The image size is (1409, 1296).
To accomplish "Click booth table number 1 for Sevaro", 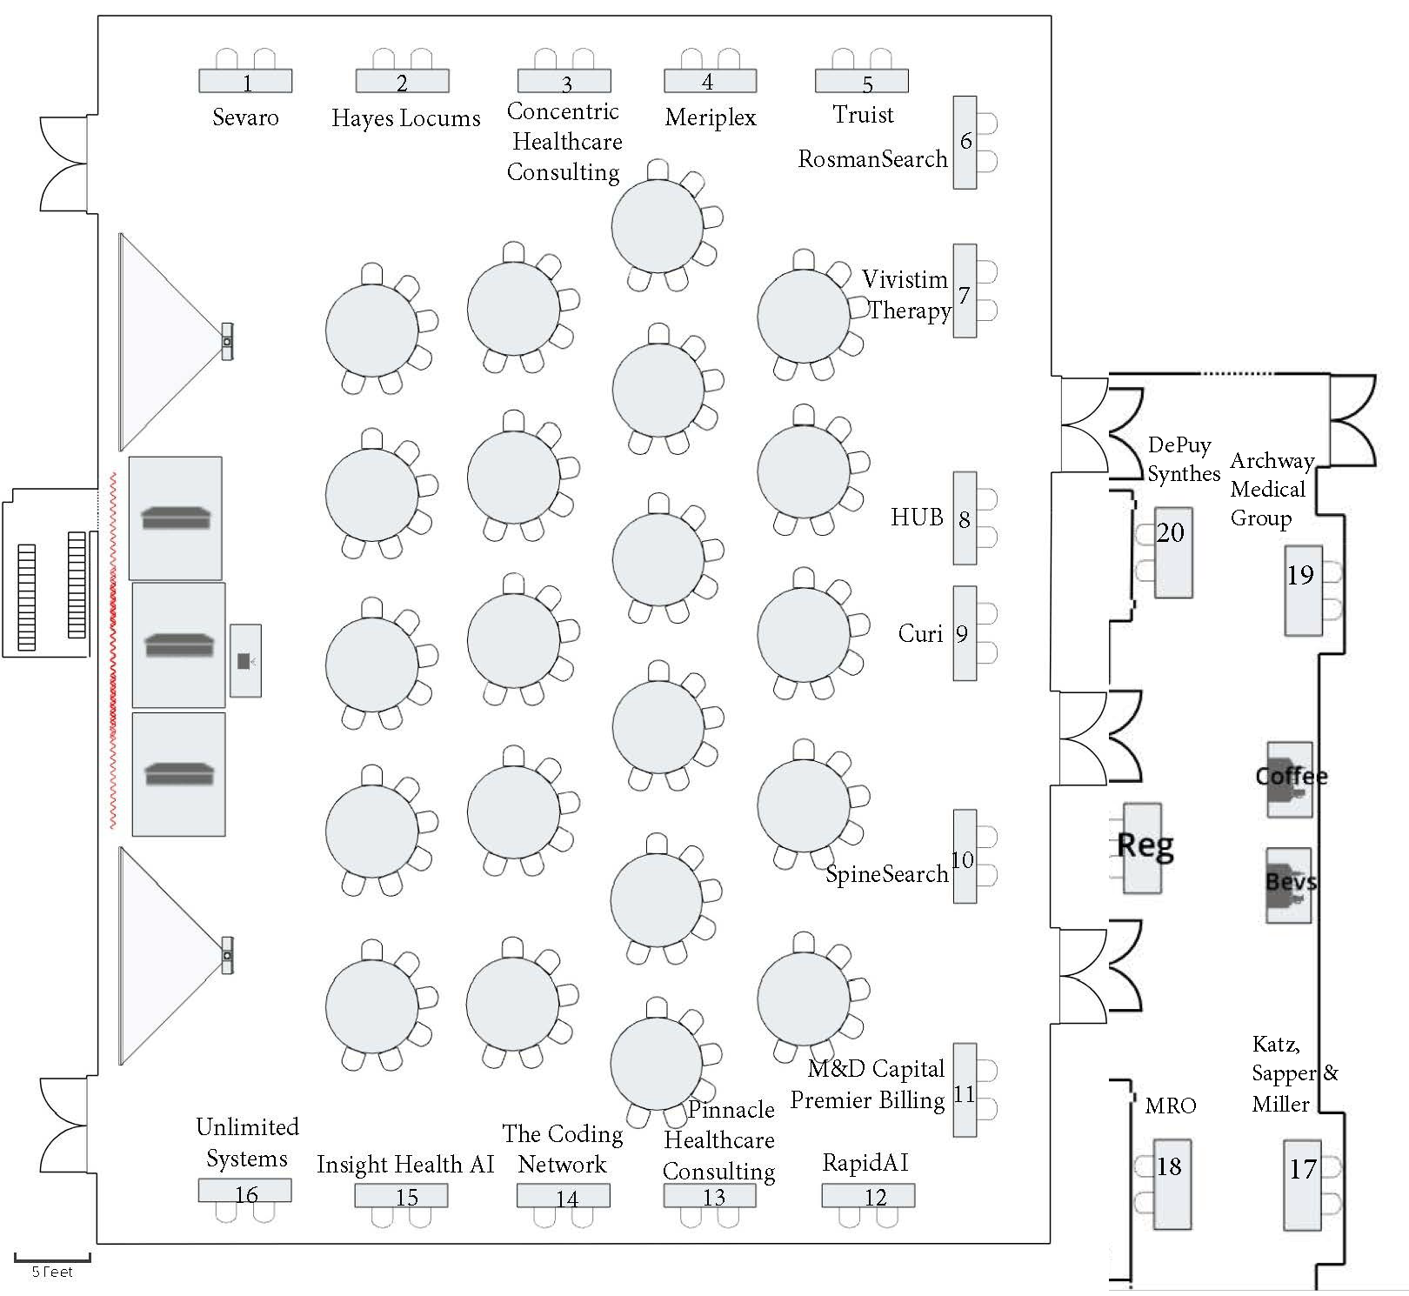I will [245, 81].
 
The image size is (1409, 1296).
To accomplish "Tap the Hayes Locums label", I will [405, 118].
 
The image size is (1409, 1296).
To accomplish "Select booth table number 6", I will [965, 142].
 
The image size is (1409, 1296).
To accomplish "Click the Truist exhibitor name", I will [863, 115].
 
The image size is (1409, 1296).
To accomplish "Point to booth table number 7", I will [965, 291].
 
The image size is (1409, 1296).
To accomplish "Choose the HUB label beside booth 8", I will [917, 518].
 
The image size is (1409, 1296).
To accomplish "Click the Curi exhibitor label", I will [920, 633].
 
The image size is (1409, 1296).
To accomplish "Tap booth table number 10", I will [965, 857].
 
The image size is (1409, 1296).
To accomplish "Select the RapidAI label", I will [865, 1163].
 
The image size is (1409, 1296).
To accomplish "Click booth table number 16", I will [244, 1191].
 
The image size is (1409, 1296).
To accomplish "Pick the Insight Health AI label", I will [405, 1165].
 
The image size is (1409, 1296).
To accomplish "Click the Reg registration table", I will [1143, 847].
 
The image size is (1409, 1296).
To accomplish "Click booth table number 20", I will [1172, 552].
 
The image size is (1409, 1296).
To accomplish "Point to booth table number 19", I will [1303, 590].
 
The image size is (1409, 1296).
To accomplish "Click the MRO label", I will [1170, 1106].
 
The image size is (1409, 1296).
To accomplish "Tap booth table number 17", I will [1302, 1184].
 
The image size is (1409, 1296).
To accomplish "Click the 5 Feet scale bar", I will [52, 1259].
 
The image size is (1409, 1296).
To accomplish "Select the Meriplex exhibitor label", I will [711, 117].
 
